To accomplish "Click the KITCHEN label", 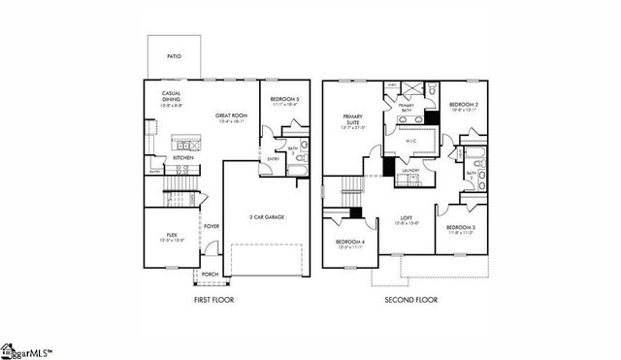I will pos(182,157).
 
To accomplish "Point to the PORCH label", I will pos(210,274).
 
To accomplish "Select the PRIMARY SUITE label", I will pos(352,120).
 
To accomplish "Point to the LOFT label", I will pos(409,218).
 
